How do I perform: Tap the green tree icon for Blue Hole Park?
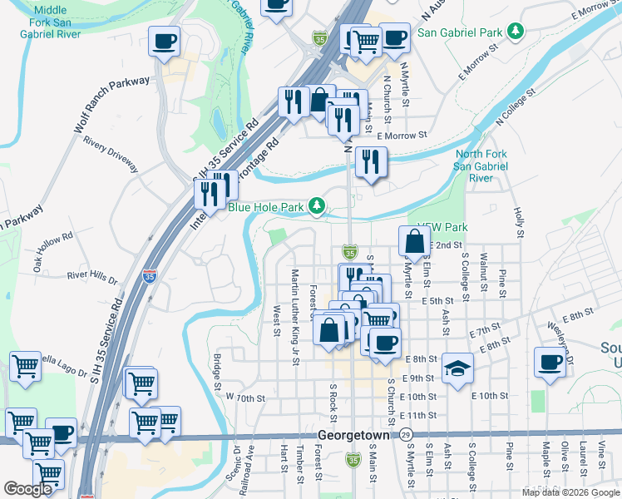pyautogui.click(x=316, y=205)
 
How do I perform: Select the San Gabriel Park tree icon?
pyautogui.click(x=516, y=32)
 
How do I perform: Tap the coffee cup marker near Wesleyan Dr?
pyautogui.click(x=550, y=363)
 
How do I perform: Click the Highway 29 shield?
pyautogui.click(x=405, y=435)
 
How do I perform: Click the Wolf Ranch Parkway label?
pyautogui.click(x=111, y=106)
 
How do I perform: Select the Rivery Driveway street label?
pyautogui.click(x=111, y=153)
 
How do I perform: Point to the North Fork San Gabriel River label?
pyautogui.click(x=481, y=166)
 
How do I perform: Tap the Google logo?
pyautogui.click(x=28, y=489)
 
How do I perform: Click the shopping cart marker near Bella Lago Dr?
pyautogui.click(x=25, y=366)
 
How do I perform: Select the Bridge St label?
pyautogui.click(x=216, y=372)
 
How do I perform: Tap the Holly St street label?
pyautogui.click(x=518, y=222)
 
